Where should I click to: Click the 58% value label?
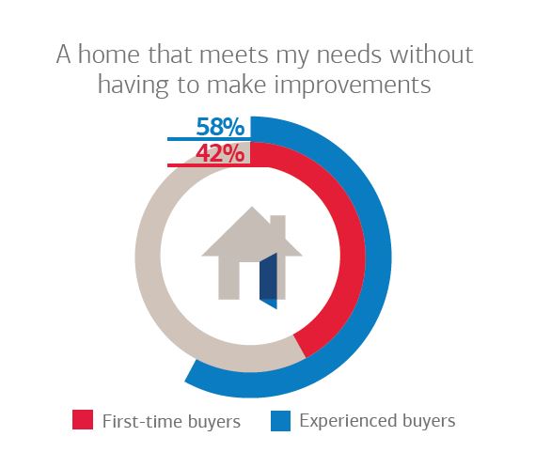pyautogui.click(x=220, y=127)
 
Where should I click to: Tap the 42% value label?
pyautogui.click(x=220, y=153)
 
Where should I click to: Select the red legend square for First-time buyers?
pyautogui.click(x=83, y=420)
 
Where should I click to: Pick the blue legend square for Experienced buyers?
pyautogui.click(x=280, y=421)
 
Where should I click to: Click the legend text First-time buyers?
pyautogui.click(x=172, y=421)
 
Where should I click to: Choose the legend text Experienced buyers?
pyautogui.click(x=377, y=421)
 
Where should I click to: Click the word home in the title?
pyautogui.click(x=109, y=55)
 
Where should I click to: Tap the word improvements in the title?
pyautogui.click(x=353, y=85)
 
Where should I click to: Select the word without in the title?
pyautogui.click(x=432, y=55)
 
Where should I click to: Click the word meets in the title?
pyautogui.click(x=234, y=55)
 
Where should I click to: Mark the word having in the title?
pyautogui.click(x=134, y=86)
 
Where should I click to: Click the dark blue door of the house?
pyautogui.click(x=268, y=281)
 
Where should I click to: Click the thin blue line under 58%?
pyautogui.click(x=209, y=139)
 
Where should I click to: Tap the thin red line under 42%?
pyautogui.click(x=209, y=165)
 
